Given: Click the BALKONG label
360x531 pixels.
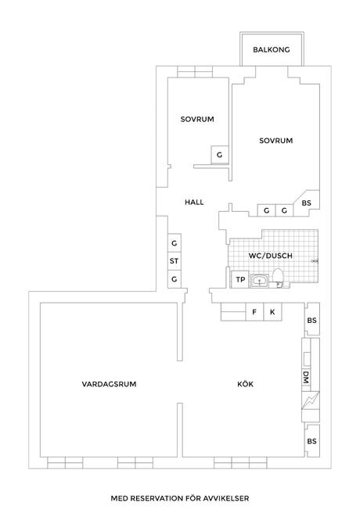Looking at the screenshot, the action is click(x=272, y=50).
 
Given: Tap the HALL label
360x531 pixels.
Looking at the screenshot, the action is click(x=194, y=203).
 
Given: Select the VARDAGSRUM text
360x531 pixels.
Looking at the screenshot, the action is click(x=109, y=384).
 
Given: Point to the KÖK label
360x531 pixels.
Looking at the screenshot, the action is click(x=246, y=384).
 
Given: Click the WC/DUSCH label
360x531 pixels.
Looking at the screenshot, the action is click(x=270, y=256).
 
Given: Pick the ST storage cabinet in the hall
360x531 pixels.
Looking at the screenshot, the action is click(x=175, y=261).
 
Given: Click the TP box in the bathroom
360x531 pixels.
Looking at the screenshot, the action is click(x=240, y=279).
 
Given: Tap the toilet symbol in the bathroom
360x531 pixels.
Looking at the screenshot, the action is click(x=278, y=278).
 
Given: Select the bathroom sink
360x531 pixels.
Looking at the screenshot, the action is click(x=259, y=281).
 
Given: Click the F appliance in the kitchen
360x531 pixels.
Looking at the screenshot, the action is click(x=254, y=312).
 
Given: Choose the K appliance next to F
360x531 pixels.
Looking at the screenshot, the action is click(x=272, y=312).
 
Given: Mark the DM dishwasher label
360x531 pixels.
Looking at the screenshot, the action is click(x=306, y=377).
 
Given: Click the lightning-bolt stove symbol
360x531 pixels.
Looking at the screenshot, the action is click(x=311, y=400).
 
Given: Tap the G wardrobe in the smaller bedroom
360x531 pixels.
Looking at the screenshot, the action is click(x=220, y=155).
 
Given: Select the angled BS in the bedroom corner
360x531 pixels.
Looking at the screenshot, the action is click(x=307, y=203).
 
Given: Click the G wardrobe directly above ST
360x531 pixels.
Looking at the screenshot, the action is click(x=175, y=243).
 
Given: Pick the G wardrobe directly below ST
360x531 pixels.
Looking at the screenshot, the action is click(x=175, y=279).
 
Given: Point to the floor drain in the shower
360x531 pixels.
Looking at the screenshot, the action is click(x=315, y=261).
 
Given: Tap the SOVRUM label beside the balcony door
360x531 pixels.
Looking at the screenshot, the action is click(x=276, y=141).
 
